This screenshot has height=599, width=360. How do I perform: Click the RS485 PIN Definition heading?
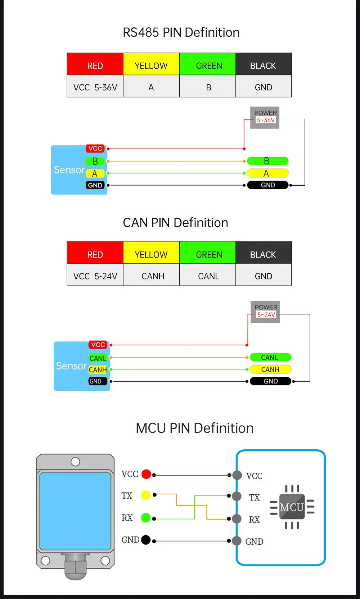(x=181, y=32)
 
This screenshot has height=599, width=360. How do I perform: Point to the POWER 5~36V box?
(x=265, y=118)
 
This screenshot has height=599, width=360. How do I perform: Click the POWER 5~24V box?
(x=265, y=312)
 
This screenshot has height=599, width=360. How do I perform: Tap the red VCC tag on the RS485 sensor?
(x=95, y=149)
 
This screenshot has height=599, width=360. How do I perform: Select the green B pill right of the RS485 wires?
(x=267, y=161)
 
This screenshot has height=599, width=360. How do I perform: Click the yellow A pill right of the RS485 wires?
(x=267, y=173)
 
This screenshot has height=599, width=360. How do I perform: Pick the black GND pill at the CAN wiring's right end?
(x=270, y=381)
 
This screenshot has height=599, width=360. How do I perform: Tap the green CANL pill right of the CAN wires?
(x=270, y=357)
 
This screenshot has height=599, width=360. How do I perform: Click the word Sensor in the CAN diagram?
(x=71, y=366)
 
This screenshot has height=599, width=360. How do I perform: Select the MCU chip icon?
(x=292, y=507)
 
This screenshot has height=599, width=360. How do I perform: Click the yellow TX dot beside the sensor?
(x=146, y=495)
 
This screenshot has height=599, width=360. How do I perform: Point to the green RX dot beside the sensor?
(x=146, y=518)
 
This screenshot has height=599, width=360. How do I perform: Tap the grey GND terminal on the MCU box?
(x=237, y=541)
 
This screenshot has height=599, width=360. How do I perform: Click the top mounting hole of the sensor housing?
(x=75, y=462)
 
